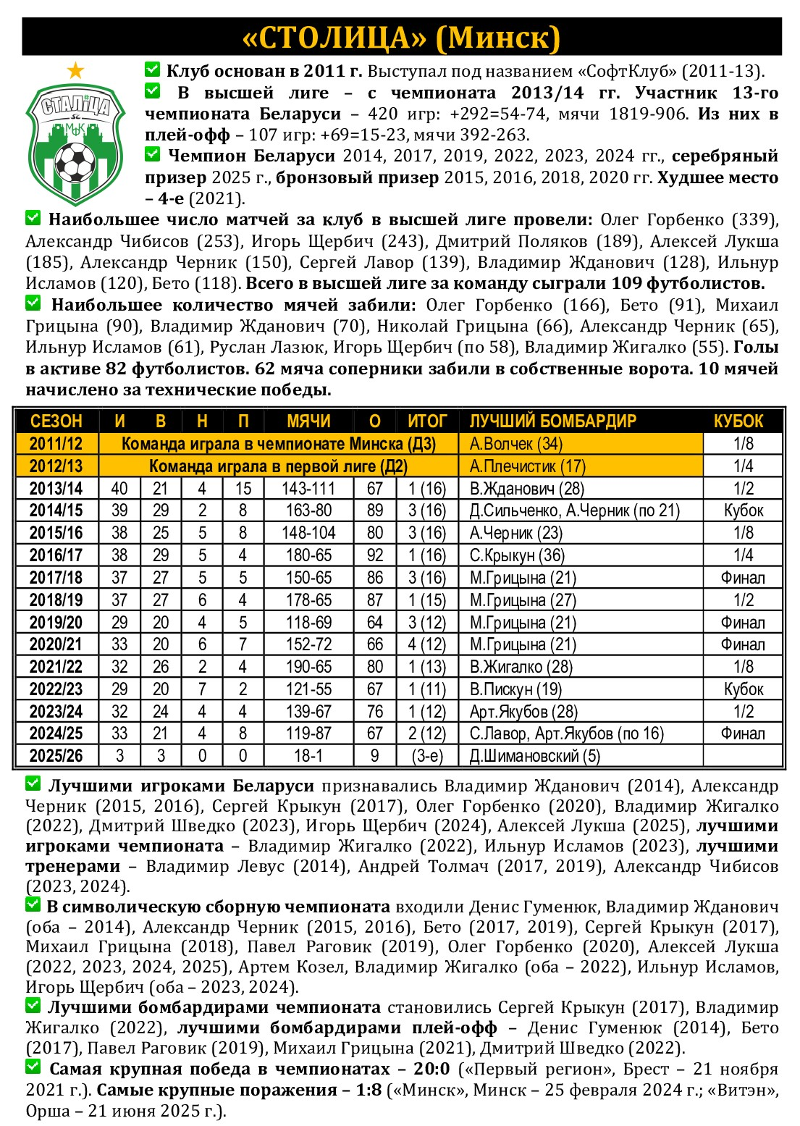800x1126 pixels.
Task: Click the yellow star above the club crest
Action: [75, 71]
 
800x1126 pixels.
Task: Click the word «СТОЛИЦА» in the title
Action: [334, 38]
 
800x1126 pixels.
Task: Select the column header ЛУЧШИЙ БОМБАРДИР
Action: [552, 421]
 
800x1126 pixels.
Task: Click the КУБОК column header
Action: [738, 421]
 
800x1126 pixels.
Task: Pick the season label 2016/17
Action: [56, 555]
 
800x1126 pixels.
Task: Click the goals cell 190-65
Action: [308, 667]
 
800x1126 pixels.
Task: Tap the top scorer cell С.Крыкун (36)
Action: [517, 555]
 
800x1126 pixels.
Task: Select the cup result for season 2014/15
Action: [744, 511]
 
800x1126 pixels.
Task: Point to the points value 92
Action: [375, 555]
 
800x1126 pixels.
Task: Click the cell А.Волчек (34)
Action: [516, 444]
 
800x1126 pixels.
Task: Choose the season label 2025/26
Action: [56, 756]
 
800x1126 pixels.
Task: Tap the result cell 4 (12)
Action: [427, 644]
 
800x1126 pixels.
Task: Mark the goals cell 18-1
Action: [308, 756]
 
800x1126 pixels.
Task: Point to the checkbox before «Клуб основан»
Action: [152, 70]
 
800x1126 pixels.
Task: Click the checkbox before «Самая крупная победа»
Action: [33, 1067]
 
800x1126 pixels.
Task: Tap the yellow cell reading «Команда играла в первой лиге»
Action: [278, 466]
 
